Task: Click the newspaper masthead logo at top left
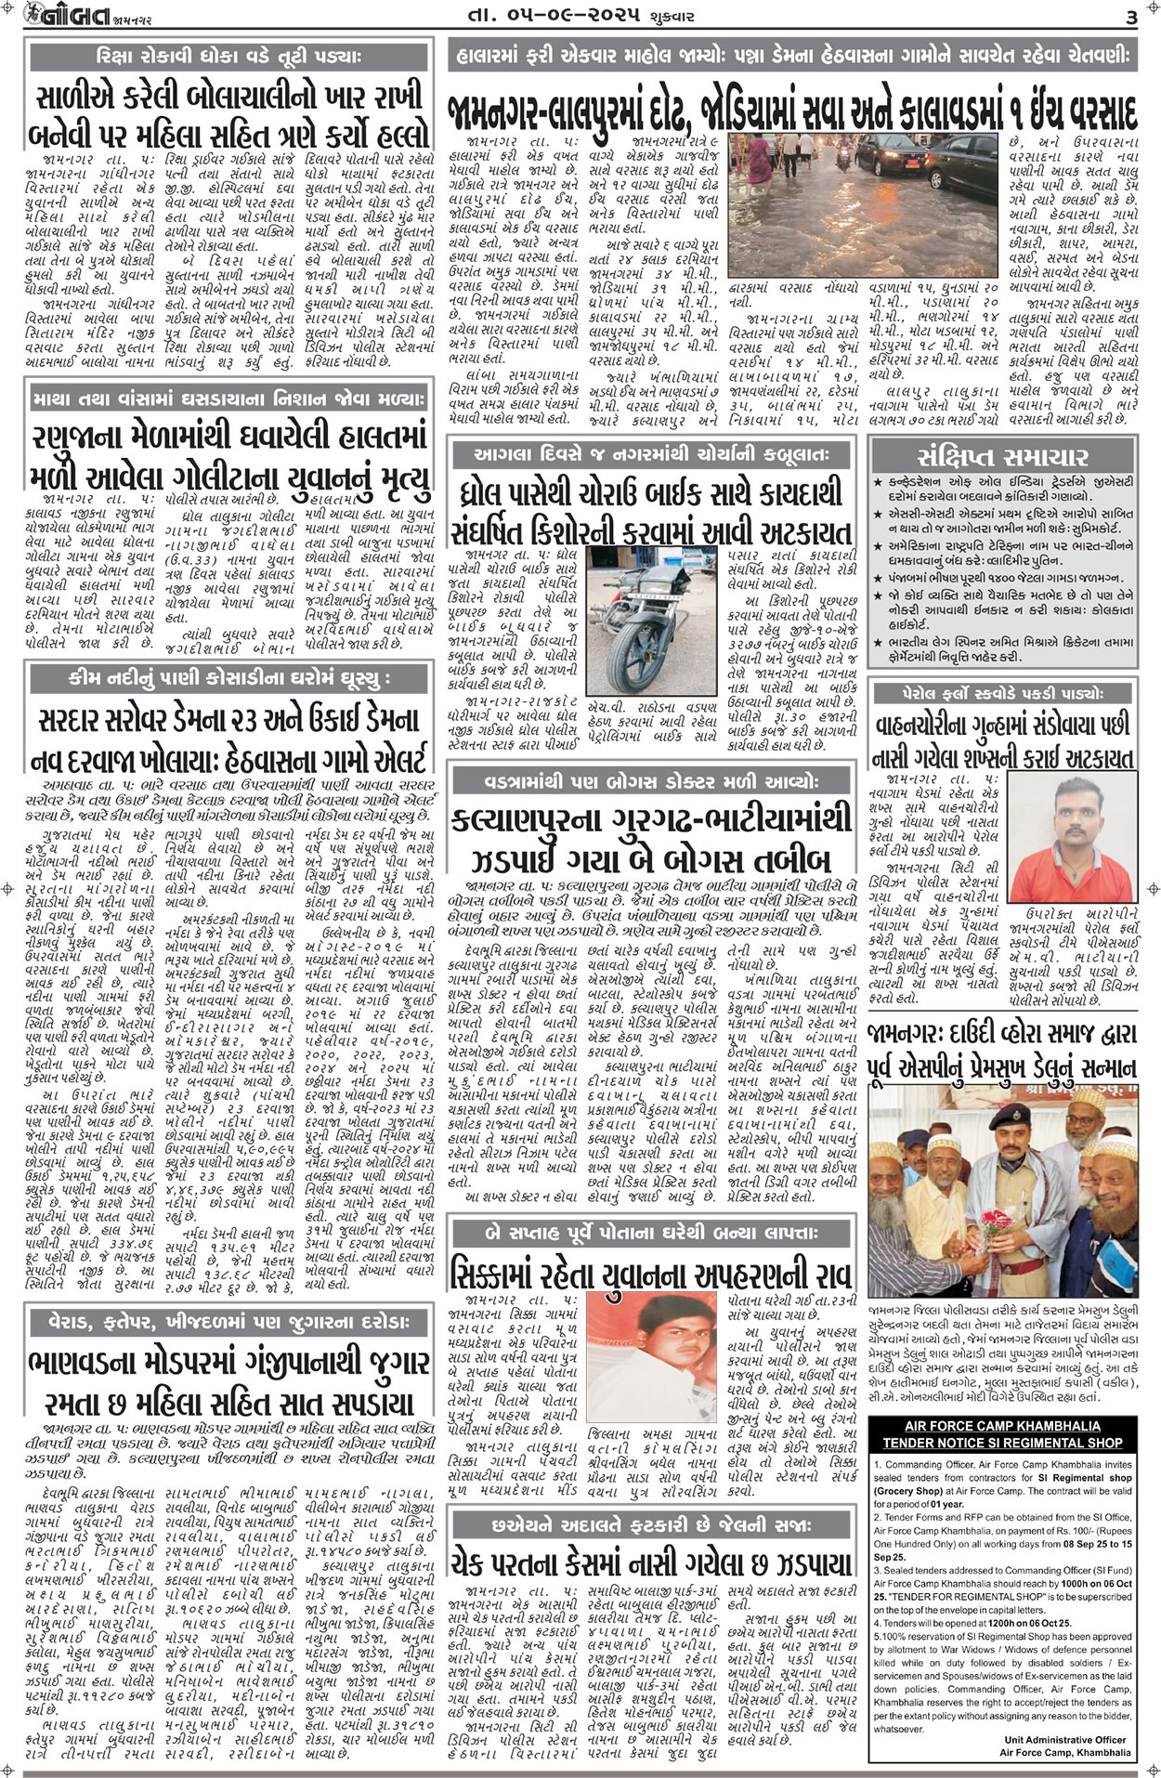click(56, 17)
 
